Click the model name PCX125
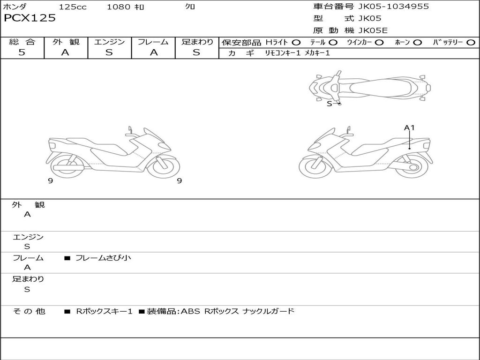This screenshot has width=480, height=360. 30,18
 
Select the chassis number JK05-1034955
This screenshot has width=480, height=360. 393,7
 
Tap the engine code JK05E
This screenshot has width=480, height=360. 373,30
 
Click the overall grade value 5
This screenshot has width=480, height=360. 22,52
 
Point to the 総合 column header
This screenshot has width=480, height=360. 22,42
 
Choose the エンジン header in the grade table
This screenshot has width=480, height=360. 109,42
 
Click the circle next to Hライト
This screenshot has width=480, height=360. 296,43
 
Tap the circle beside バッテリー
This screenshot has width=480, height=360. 471,43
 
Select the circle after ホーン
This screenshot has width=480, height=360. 417,43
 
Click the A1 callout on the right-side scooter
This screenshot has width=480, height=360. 409,127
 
